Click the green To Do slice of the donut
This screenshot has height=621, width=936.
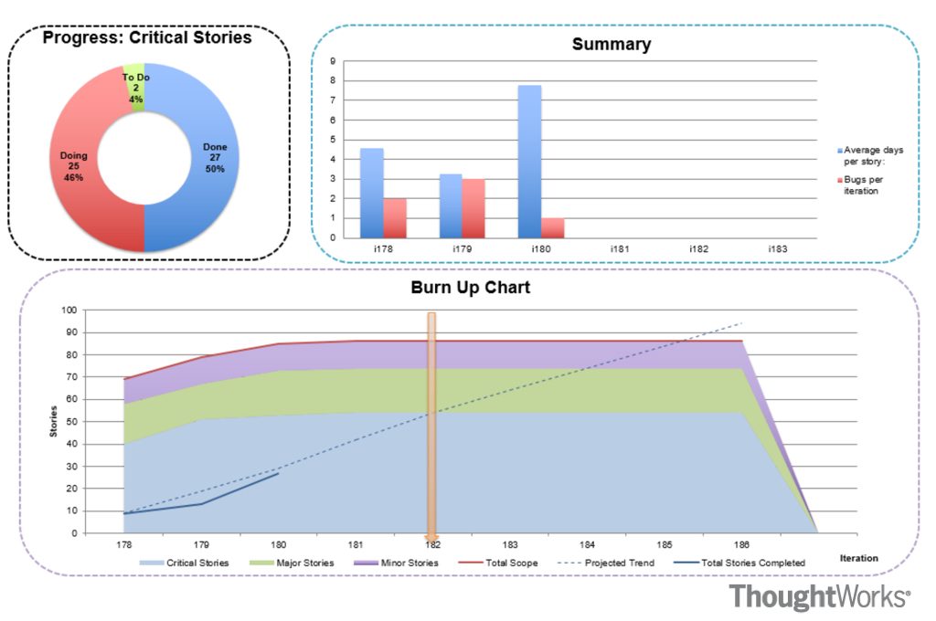tap(135, 88)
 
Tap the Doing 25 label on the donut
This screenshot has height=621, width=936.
tap(74, 166)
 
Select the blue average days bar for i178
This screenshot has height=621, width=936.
tap(371, 193)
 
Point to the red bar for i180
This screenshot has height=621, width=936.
tap(553, 227)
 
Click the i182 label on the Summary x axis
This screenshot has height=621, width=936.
tap(699, 249)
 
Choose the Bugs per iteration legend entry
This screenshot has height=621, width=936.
tap(864, 184)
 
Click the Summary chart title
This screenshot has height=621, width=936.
tap(612, 44)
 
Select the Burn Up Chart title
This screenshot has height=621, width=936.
tap(470, 288)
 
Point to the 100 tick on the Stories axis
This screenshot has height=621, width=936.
tap(69, 310)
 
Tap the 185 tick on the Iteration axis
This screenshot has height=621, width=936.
tap(664, 543)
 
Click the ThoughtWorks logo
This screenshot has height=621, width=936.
tap(820, 597)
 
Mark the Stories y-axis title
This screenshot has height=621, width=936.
tap(52, 421)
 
